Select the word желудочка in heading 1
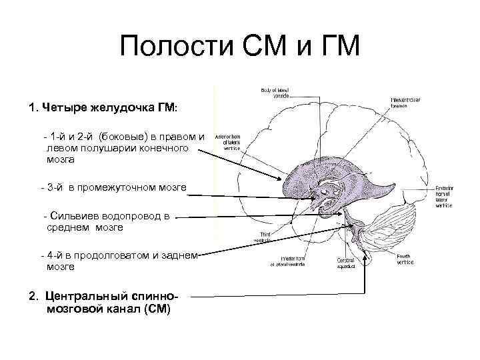(110, 107)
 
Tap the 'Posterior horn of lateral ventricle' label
(445, 197)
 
